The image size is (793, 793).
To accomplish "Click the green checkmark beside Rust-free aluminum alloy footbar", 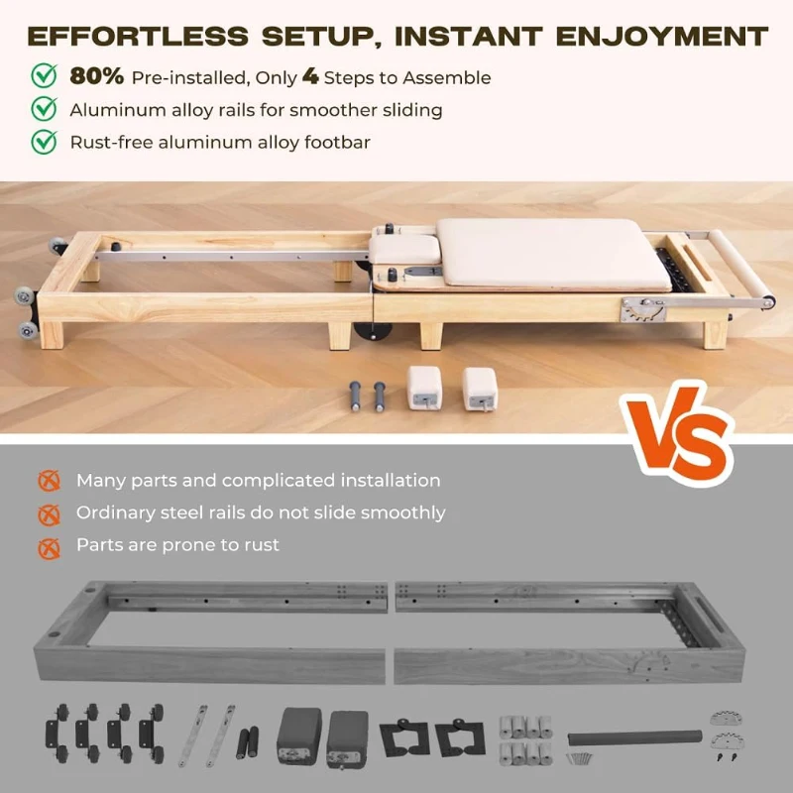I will pyautogui.click(x=45, y=142).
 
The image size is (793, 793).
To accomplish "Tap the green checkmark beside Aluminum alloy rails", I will pyautogui.click(x=45, y=109).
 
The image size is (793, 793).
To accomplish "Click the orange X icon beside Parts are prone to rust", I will pyautogui.click(x=48, y=545).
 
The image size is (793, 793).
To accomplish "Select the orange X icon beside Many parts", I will pyautogui.click(x=48, y=481).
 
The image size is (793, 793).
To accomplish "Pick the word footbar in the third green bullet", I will pyautogui.click(x=336, y=142).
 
